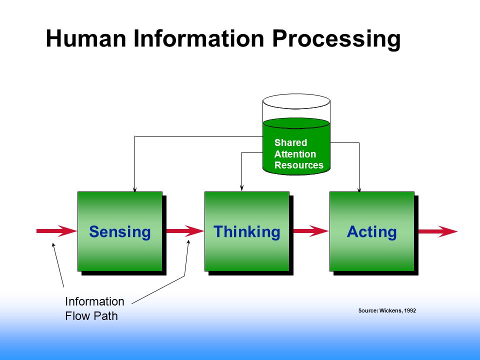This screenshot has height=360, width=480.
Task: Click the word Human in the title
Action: [x=86, y=38]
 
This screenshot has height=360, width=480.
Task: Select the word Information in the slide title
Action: [x=199, y=38]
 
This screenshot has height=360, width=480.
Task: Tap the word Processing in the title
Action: [x=336, y=39]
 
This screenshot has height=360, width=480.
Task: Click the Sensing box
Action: [x=120, y=231]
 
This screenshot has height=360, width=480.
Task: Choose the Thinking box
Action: [x=247, y=231]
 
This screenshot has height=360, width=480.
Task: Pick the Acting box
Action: [x=372, y=231]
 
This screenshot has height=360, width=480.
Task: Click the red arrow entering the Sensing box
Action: [x=56, y=231]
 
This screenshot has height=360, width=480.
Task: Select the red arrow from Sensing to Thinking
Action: [x=185, y=231]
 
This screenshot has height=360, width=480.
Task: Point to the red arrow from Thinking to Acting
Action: [x=311, y=231]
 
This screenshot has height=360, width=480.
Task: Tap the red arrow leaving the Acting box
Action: [x=438, y=231]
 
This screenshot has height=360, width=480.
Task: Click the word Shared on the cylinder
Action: [x=290, y=142]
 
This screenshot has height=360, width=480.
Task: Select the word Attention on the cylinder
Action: [x=295, y=154]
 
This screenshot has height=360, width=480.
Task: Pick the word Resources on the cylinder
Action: [x=299, y=165]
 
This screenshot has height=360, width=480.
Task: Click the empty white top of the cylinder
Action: [x=296, y=101]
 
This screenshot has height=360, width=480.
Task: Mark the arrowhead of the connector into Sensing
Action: [x=134, y=189]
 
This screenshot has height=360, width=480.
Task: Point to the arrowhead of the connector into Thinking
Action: [x=242, y=188]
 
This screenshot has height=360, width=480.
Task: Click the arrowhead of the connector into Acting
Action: [x=359, y=190]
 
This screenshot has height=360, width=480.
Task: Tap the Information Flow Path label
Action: [x=94, y=308]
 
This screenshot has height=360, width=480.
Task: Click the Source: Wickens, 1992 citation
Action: [x=387, y=310]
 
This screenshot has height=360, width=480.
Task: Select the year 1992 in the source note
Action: [x=410, y=310]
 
